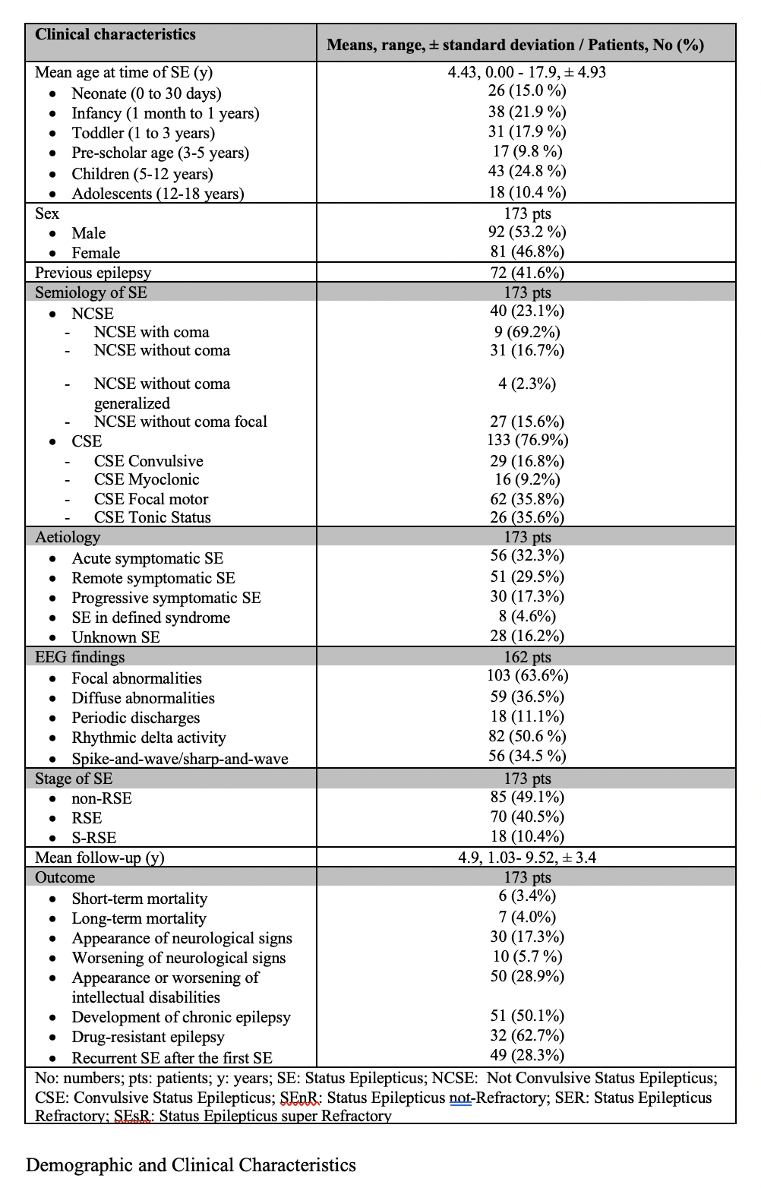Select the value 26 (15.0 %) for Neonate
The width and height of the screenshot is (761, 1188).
pos(527,91)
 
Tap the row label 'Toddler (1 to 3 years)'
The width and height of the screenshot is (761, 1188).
pos(143,133)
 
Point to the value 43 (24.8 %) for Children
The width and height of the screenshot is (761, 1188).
pos(527,172)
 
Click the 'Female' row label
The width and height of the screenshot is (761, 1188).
pos(96,253)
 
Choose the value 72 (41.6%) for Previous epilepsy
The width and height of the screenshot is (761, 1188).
pos(527,273)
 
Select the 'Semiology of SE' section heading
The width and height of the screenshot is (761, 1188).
pos(91,292)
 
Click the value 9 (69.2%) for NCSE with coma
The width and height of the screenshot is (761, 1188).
pos(527,332)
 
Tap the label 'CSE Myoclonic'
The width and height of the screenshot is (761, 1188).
pos(147,479)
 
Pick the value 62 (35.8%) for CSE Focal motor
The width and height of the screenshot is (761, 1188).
pos(527,499)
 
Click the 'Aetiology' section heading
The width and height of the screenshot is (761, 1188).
pos(68,537)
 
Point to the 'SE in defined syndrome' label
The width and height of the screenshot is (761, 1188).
pos(150,618)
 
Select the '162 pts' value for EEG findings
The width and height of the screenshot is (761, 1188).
pos(527,657)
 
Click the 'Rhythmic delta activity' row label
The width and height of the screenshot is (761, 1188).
pos(149,738)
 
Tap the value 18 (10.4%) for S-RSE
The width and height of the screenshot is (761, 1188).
pos(527,836)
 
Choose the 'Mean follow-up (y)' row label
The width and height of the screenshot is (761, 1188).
pos(99,858)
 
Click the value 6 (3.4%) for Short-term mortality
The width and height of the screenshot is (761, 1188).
pos(527,897)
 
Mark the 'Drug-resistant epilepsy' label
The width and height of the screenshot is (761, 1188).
pos(148,1037)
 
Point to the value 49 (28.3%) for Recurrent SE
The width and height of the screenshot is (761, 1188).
pos(527,1055)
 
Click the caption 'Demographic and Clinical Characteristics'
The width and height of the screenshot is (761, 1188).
pos(191,1165)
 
